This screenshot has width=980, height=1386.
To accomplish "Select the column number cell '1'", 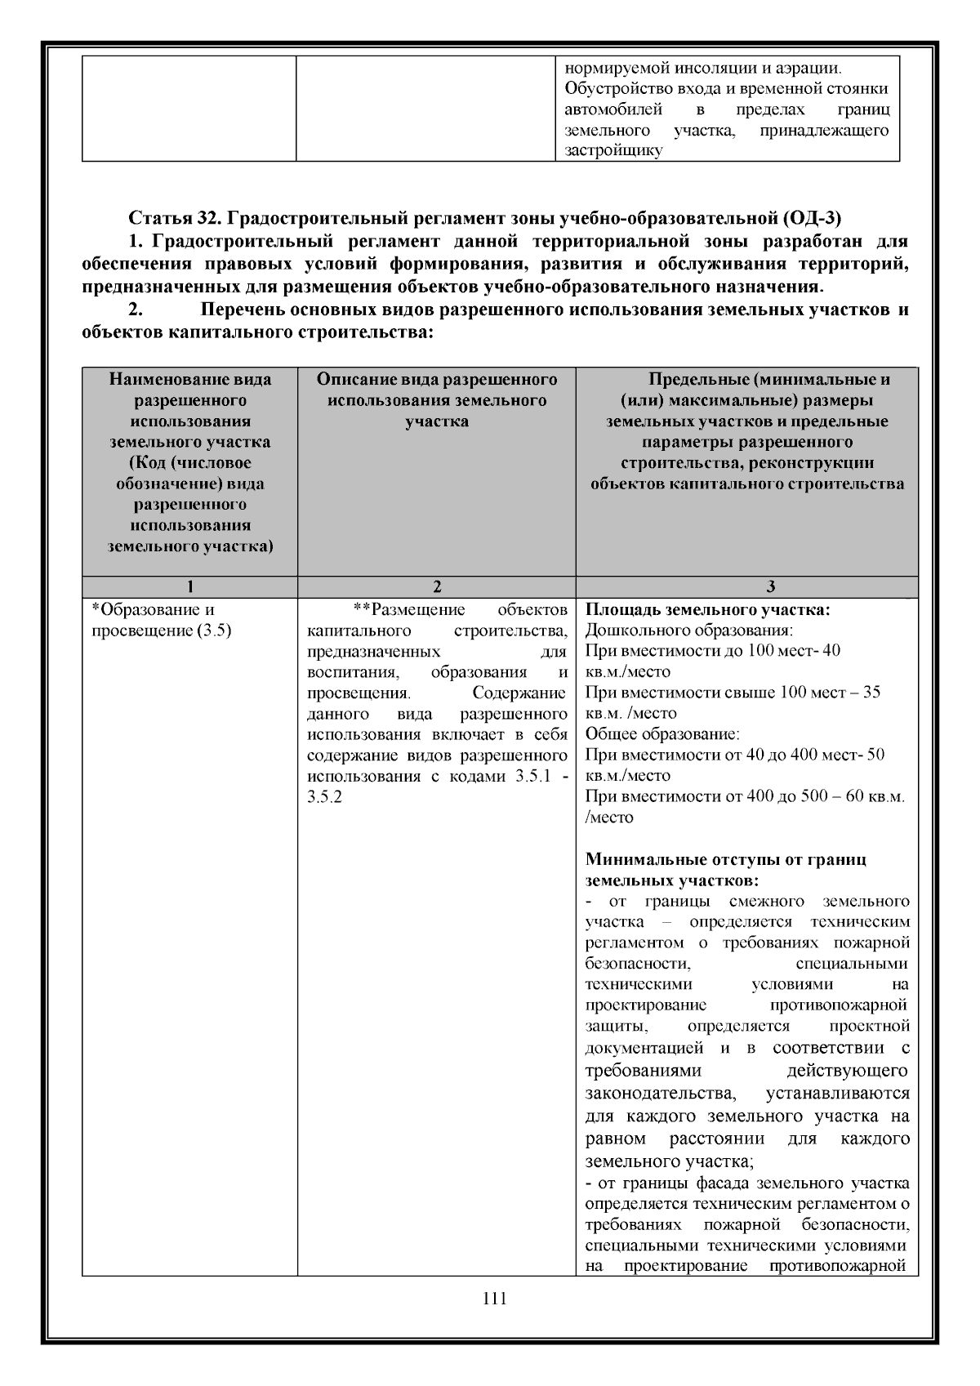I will tap(189, 586).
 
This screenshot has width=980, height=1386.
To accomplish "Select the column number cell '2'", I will tap(437, 586).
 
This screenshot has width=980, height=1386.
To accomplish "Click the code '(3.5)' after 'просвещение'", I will tap(215, 631).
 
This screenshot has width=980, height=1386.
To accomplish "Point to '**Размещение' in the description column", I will tap(408, 610).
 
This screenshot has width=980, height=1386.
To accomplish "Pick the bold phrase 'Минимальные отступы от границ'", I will tap(726, 859).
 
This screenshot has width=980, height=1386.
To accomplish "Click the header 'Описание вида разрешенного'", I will tap(437, 380).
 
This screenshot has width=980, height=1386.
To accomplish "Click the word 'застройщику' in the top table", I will tap(612, 151).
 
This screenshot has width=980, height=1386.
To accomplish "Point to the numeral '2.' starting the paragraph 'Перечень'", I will tap(135, 311).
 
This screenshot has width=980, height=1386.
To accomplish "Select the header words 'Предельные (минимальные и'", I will tap(768, 380).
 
